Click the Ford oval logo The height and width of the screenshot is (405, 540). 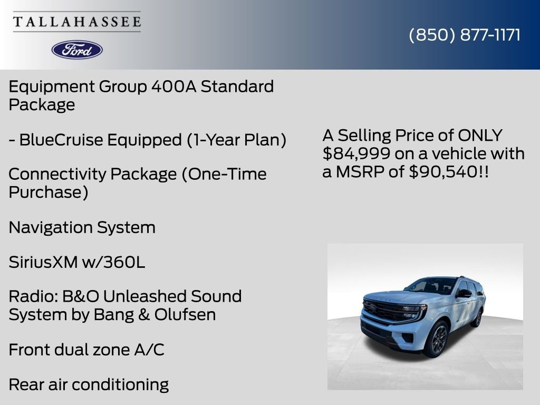pyautogui.click(x=77, y=50)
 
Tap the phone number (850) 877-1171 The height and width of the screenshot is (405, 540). pyautogui.click(x=465, y=35)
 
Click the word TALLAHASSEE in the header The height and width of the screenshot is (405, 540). pyautogui.click(x=77, y=22)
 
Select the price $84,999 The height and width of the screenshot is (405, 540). pyautogui.click(x=356, y=153)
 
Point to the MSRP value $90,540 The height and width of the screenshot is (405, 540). pyautogui.click(x=443, y=171)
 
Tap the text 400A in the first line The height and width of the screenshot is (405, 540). pyautogui.click(x=173, y=86)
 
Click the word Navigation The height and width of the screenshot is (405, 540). pyautogui.click(x=51, y=228)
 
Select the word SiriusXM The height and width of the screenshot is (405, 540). pyautogui.click(x=43, y=262)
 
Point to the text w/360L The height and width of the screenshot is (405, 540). pyautogui.click(x=113, y=262)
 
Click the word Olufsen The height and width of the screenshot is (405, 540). pyautogui.click(x=185, y=314)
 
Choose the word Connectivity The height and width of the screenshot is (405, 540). pyautogui.click(x=57, y=174)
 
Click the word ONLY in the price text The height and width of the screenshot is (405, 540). pyautogui.click(x=480, y=136)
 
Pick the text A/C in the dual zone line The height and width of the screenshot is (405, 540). pyautogui.click(x=149, y=350)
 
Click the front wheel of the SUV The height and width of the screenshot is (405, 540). pyautogui.click(x=436, y=339)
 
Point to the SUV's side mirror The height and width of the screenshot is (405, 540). pyautogui.click(x=464, y=293)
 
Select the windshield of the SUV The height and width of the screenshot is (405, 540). pyautogui.click(x=431, y=286)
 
